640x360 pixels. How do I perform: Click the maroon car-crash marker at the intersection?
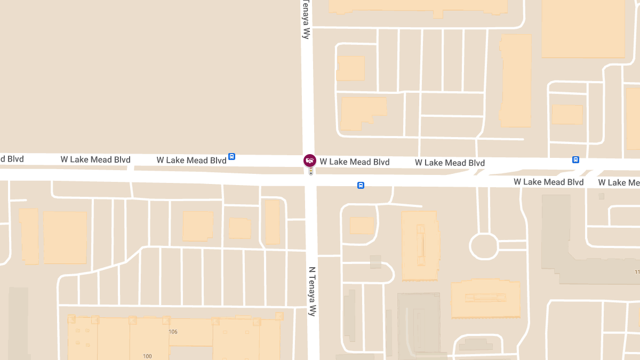[309, 160]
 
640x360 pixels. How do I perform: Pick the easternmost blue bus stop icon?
[575, 159]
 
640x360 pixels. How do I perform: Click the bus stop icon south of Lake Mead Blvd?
[361, 186]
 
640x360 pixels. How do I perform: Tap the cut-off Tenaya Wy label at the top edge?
[306, 19]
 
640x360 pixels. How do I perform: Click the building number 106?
[173, 332]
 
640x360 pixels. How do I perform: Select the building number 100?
[148, 356]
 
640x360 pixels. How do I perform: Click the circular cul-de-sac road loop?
[483, 246]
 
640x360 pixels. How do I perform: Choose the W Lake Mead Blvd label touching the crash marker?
[355, 162]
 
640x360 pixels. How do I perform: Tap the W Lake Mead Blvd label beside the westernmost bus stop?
[191, 160]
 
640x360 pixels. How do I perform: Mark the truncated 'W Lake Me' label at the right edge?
[619, 182]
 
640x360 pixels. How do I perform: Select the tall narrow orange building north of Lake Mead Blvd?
[516, 81]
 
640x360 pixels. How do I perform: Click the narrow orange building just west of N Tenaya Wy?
[272, 222]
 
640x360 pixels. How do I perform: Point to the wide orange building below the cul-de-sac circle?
[485, 299]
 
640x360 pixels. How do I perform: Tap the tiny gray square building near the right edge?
[602, 196]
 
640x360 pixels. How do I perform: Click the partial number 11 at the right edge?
[637, 273]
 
